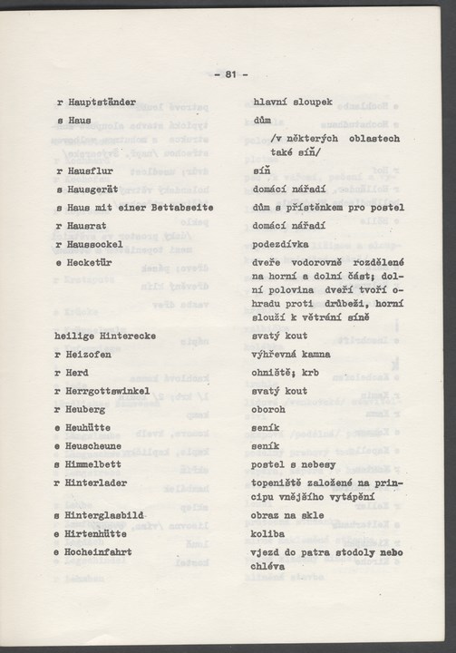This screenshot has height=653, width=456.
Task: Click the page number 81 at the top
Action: point(230,73)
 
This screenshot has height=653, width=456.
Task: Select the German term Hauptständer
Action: point(101,102)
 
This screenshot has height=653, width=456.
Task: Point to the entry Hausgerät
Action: point(95,190)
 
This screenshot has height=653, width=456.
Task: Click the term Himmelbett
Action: point(98,465)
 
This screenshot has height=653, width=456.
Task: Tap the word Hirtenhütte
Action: point(101,534)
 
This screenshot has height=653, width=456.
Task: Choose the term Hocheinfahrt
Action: point(103,552)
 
